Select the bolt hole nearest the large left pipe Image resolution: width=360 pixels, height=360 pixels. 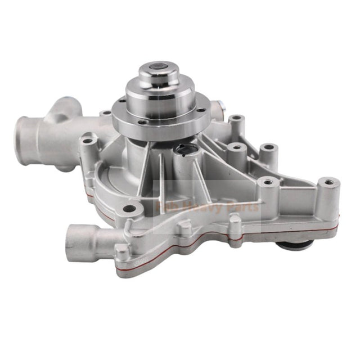[87, 139]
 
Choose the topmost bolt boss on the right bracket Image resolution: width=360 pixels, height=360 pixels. [236, 119]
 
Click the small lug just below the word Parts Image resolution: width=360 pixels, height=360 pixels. [235, 225]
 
